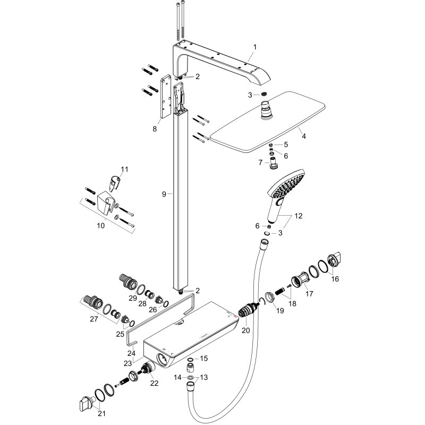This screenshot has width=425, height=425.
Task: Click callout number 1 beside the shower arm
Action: click(254, 47)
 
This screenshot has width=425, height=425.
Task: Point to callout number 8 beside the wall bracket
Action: click(155, 128)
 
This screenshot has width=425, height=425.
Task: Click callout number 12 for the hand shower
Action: click(299, 217)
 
